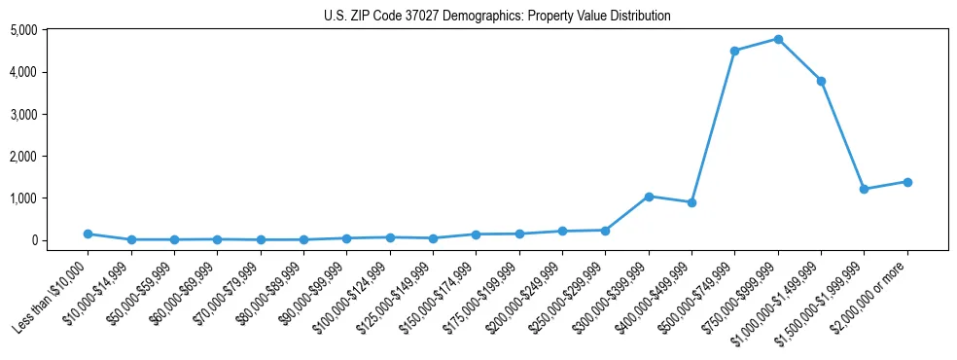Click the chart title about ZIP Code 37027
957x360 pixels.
coord(497,17)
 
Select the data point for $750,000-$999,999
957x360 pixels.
coord(778,39)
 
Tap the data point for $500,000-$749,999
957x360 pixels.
coord(735,51)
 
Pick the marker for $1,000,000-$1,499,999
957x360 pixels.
coord(822,81)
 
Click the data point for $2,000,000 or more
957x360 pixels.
coord(907,182)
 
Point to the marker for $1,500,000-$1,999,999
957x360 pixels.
coord(865,189)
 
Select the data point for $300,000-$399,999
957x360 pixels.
coord(649,197)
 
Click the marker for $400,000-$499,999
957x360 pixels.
coord(691,202)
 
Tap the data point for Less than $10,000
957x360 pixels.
coord(88,234)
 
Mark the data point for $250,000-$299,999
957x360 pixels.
coord(605,231)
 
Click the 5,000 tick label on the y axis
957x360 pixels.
coord(50,30)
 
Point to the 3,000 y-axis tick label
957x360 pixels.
coord(50,114)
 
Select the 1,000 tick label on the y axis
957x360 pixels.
coord(50,198)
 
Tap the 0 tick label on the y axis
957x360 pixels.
coord(59,240)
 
